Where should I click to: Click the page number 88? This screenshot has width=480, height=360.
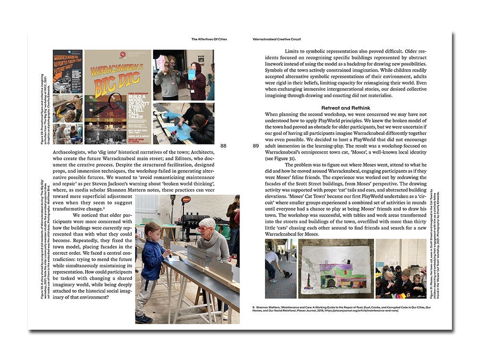(223, 146)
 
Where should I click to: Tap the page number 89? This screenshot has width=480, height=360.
(255, 146)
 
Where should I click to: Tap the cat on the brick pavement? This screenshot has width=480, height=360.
(288, 273)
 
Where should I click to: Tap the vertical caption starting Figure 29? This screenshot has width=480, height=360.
(45, 115)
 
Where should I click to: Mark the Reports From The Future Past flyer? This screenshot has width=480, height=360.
(68, 71)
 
